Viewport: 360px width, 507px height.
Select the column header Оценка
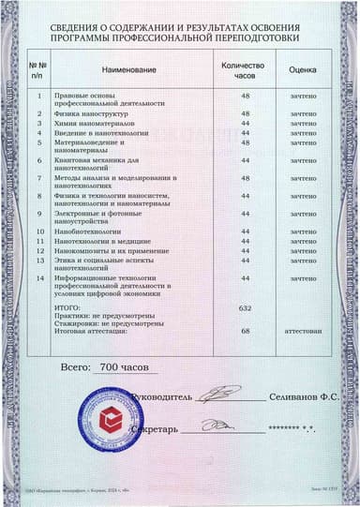(x=302, y=69)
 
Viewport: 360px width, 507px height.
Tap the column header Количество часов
(x=244, y=69)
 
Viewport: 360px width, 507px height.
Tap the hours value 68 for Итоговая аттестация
(x=246, y=331)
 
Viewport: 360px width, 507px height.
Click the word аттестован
(x=303, y=331)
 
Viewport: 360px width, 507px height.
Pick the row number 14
(x=38, y=278)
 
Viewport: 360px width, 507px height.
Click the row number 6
(x=38, y=160)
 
